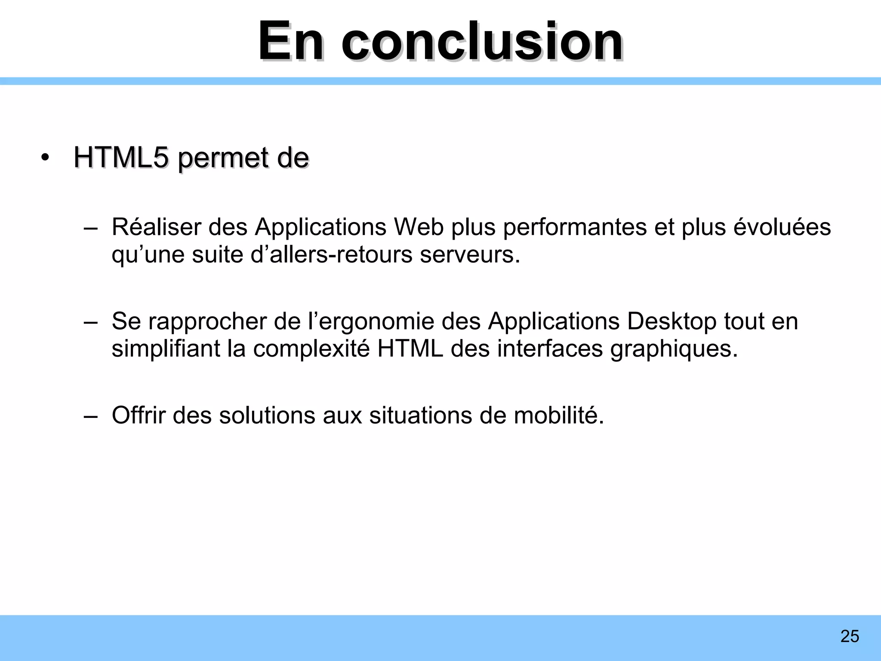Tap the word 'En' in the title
click(x=290, y=42)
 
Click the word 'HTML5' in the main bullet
click(x=121, y=158)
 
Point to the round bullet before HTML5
click(x=45, y=158)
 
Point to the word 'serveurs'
click(x=470, y=254)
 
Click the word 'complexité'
click(x=311, y=349)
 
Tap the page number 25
click(x=850, y=636)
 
